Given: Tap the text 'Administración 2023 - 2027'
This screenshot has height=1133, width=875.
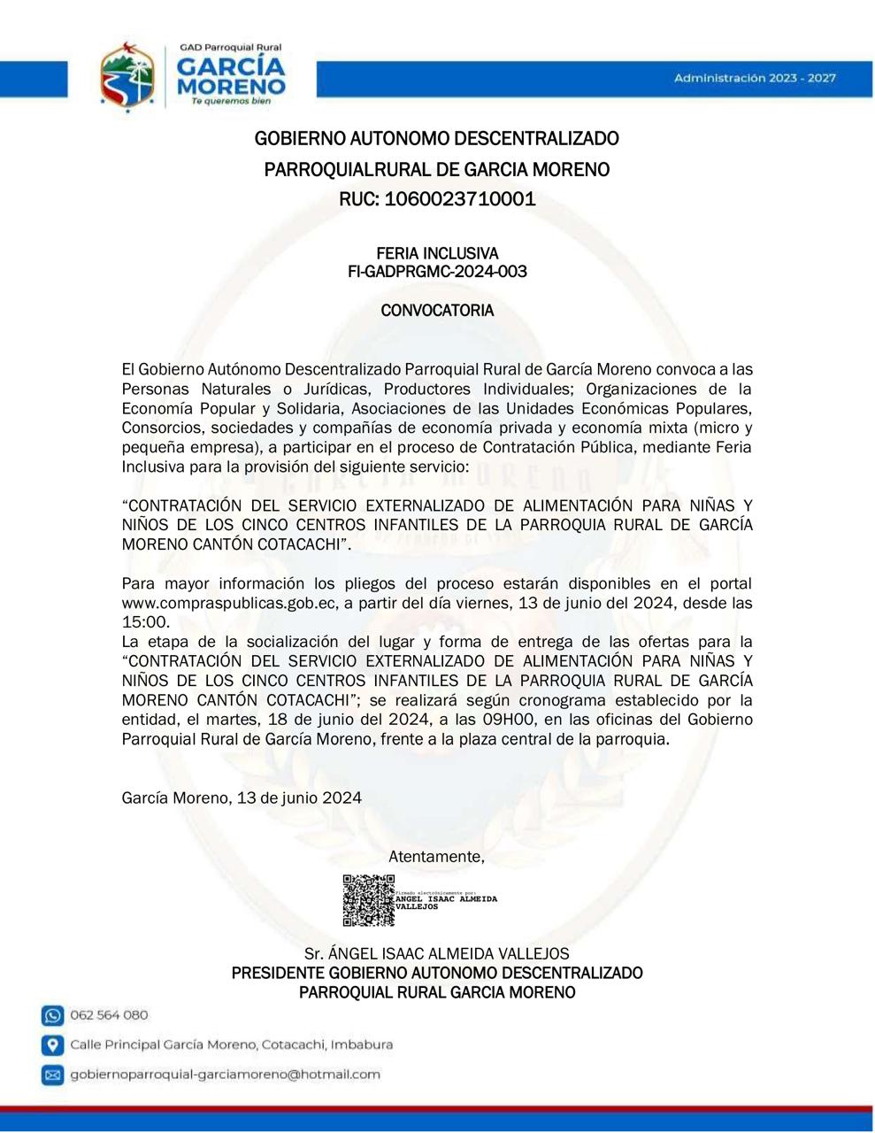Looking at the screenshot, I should pyautogui.click(x=754, y=79).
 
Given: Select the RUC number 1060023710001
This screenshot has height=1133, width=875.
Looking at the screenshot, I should pyautogui.click(x=437, y=198).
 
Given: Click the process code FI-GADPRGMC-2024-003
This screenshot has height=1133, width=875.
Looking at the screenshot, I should pyautogui.click(x=437, y=272).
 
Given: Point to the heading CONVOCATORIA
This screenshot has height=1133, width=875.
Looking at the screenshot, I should pyautogui.click(x=437, y=311).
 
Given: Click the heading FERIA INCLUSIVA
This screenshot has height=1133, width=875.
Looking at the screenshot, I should pyautogui.click(x=437, y=254).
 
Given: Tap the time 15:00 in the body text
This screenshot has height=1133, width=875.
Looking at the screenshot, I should pyautogui.click(x=144, y=622).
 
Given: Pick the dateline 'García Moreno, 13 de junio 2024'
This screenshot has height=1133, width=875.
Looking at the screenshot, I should pyautogui.click(x=242, y=798).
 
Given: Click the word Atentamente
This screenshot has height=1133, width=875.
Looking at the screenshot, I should pyautogui.click(x=436, y=857).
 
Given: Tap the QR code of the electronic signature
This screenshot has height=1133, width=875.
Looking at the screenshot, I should pyautogui.click(x=368, y=900).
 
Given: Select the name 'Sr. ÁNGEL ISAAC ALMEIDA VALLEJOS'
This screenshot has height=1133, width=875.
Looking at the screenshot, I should pyautogui.click(x=437, y=954).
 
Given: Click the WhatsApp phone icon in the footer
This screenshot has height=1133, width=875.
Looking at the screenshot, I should pyautogui.click(x=53, y=1015).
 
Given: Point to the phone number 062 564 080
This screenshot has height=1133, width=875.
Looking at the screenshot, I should pyautogui.click(x=109, y=1015).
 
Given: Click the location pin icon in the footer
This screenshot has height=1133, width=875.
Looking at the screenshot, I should pyautogui.click(x=53, y=1045).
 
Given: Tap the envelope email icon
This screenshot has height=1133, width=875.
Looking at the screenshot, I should pyautogui.click(x=53, y=1075).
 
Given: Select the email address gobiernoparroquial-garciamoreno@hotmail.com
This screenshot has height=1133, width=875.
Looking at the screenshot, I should pyautogui.click(x=225, y=1075).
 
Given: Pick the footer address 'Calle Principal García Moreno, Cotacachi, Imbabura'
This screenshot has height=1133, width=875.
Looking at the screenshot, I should pyautogui.click(x=231, y=1045).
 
